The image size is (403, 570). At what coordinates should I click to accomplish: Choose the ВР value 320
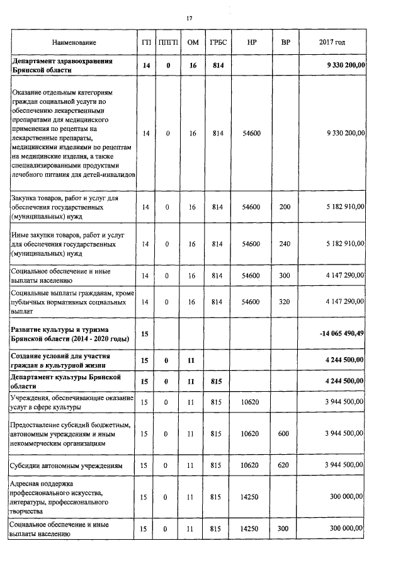click(285, 302)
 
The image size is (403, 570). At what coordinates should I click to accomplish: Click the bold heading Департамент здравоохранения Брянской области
click(62, 66)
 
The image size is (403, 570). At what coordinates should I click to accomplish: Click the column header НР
click(252, 42)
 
